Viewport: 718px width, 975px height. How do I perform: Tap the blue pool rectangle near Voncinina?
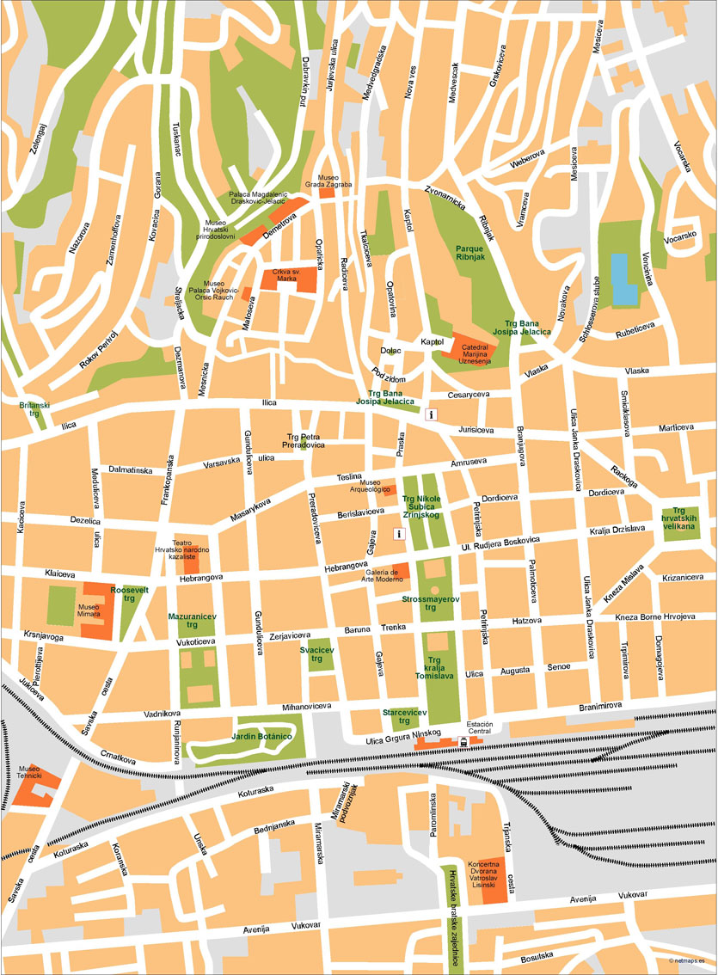pyautogui.click(x=624, y=279)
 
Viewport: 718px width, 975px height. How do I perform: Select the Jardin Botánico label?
pyautogui.click(x=262, y=738)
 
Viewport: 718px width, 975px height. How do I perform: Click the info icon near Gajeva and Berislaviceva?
pyautogui.click(x=399, y=534)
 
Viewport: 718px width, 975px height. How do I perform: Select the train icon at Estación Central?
pyautogui.click(x=464, y=740)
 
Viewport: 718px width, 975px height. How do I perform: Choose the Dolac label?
pyautogui.click(x=391, y=350)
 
